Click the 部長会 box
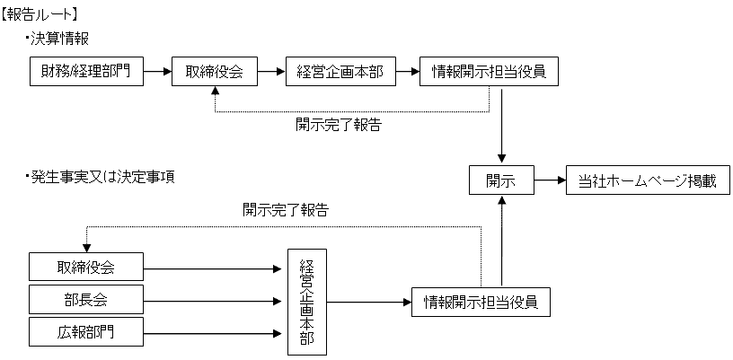point(86,297)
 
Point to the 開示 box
point(501,180)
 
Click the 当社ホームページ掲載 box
point(647,180)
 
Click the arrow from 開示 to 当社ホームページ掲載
point(549,180)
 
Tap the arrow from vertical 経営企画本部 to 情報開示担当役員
point(369,301)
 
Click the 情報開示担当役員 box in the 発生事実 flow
point(480,301)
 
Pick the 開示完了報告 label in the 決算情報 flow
point(339,125)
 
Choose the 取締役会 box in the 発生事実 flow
point(86,266)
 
